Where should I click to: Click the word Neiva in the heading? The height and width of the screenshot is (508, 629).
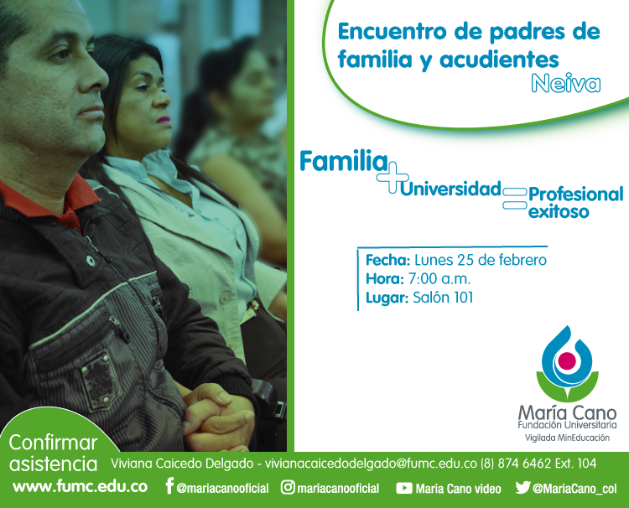[566, 83]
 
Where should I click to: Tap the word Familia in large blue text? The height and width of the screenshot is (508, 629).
[344, 161]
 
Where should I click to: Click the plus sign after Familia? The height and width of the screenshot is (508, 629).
[392, 178]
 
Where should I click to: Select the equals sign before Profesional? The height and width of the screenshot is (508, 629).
[515, 199]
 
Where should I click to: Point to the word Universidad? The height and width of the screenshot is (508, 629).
[451, 189]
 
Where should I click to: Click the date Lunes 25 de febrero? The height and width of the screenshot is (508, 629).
[481, 260]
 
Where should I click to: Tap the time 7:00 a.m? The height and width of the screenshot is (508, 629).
[439, 278]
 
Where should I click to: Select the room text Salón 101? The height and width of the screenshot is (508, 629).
[443, 298]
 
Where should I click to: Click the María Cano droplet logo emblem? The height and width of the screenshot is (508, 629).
[567, 364]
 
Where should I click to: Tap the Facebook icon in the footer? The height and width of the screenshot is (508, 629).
[169, 486]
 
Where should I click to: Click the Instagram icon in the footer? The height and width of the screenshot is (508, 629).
[288, 487]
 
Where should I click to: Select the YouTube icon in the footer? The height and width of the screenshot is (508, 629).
[404, 488]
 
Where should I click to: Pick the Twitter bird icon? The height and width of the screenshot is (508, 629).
[522, 487]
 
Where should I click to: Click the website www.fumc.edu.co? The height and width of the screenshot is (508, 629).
[81, 487]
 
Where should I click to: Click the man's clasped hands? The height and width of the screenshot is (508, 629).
[219, 417]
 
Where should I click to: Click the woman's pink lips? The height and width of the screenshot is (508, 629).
[164, 120]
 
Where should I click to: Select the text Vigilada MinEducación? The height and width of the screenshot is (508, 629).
[567, 438]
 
